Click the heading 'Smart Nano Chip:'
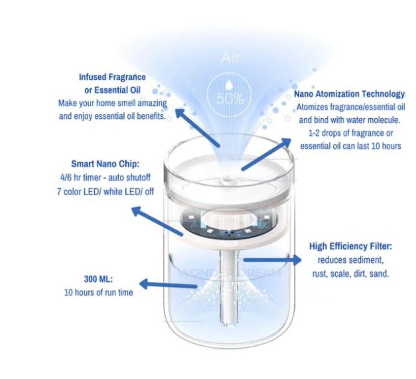coord(105,164)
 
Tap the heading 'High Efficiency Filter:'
coord(350,246)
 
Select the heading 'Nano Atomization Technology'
coord(349,94)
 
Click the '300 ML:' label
coord(98,279)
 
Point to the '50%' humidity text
coord(230,99)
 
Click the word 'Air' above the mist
coord(230,58)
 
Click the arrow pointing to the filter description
coord(272,260)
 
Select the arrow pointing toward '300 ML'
coord(168,285)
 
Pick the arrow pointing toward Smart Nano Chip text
coord(157,221)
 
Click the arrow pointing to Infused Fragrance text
coord(197,127)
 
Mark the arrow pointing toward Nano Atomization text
coord(266,154)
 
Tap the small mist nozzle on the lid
coord(226,179)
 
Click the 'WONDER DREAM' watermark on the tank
coord(230,273)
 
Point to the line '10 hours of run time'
coord(98,292)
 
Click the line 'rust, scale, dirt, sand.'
coord(350,274)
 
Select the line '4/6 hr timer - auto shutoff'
coord(105,177)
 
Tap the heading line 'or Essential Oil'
coord(112,90)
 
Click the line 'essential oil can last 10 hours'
coord(350,146)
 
